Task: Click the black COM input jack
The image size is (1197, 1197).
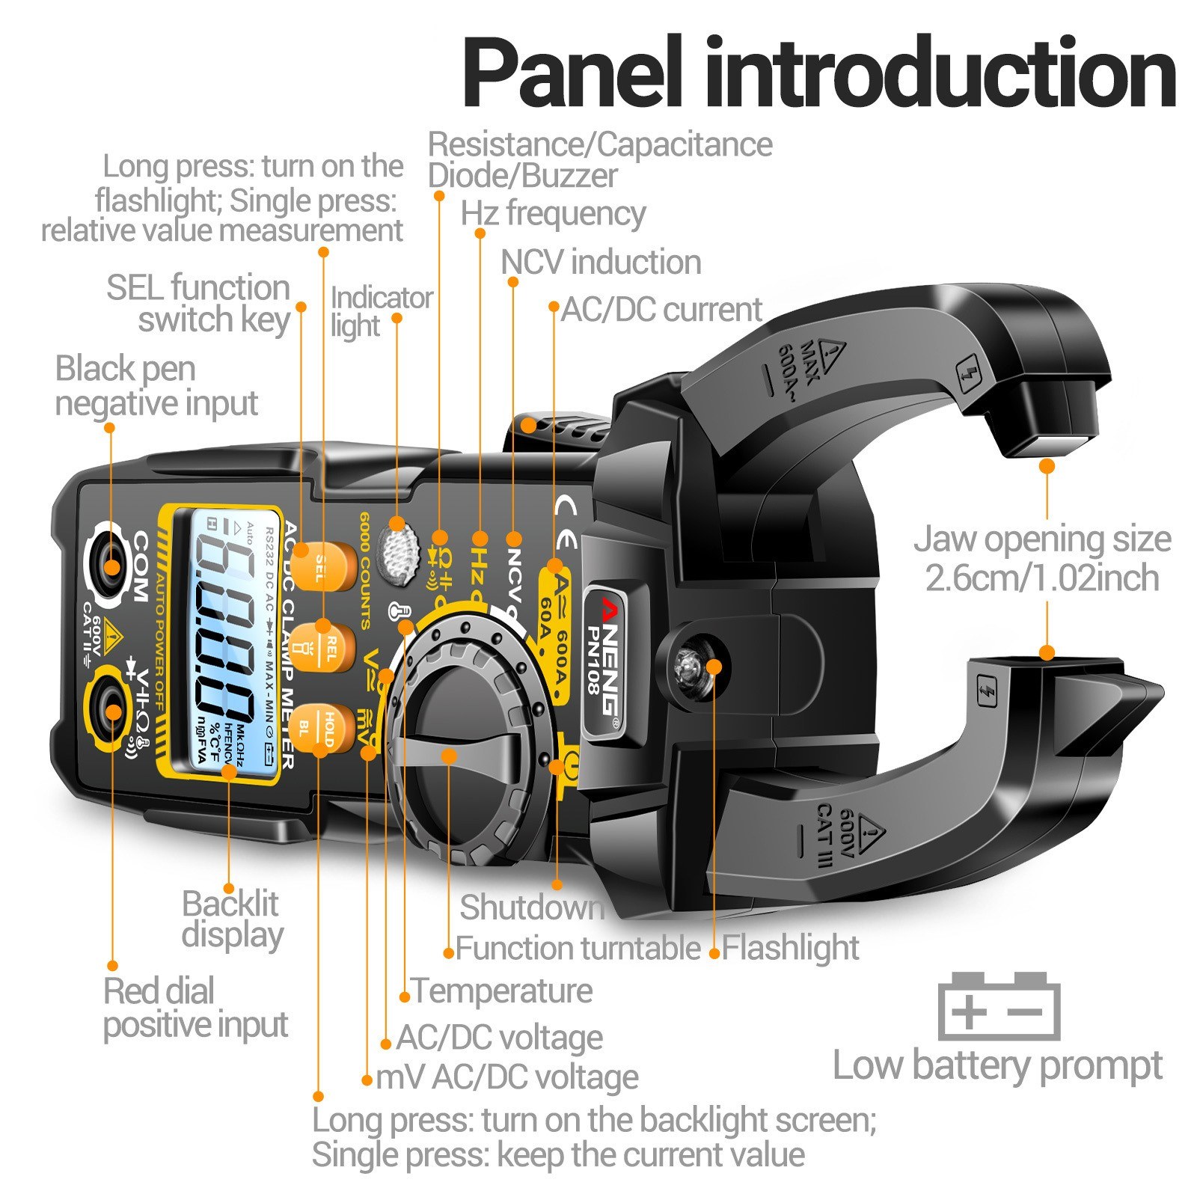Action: [111, 566]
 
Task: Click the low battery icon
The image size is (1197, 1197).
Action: [999, 1005]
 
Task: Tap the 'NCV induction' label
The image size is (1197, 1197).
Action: [601, 263]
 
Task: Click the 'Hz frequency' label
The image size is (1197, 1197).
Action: [553, 214]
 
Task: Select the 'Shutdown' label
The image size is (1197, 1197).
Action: [532, 907]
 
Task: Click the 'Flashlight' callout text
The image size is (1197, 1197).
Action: [790, 948]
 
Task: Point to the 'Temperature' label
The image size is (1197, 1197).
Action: [502, 991]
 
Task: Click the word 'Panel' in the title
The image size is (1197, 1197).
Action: [572, 75]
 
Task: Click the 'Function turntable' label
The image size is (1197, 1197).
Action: [578, 949]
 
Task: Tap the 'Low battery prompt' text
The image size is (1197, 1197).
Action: [997, 1065]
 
